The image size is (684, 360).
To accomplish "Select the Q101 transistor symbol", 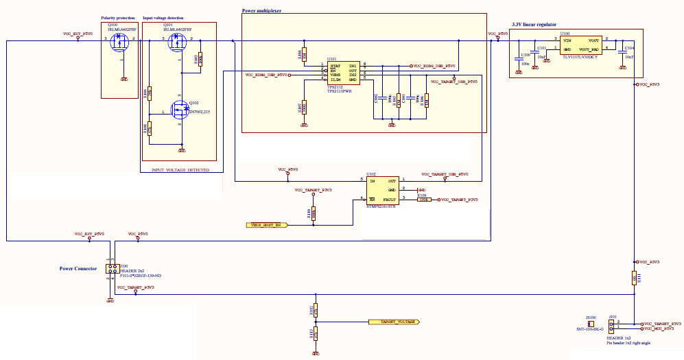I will [x=176, y=44].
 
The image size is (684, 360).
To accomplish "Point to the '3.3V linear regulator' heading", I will [x=535, y=25].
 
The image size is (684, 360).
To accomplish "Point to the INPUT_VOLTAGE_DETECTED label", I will [x=181, y=169].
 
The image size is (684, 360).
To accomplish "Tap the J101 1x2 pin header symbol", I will [x=613, y=325].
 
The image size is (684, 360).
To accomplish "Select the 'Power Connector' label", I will [x=78, y=268].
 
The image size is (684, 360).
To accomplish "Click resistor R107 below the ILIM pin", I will [x=304, y=107].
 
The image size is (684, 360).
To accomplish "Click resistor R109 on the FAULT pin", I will [x=423, y=200].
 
